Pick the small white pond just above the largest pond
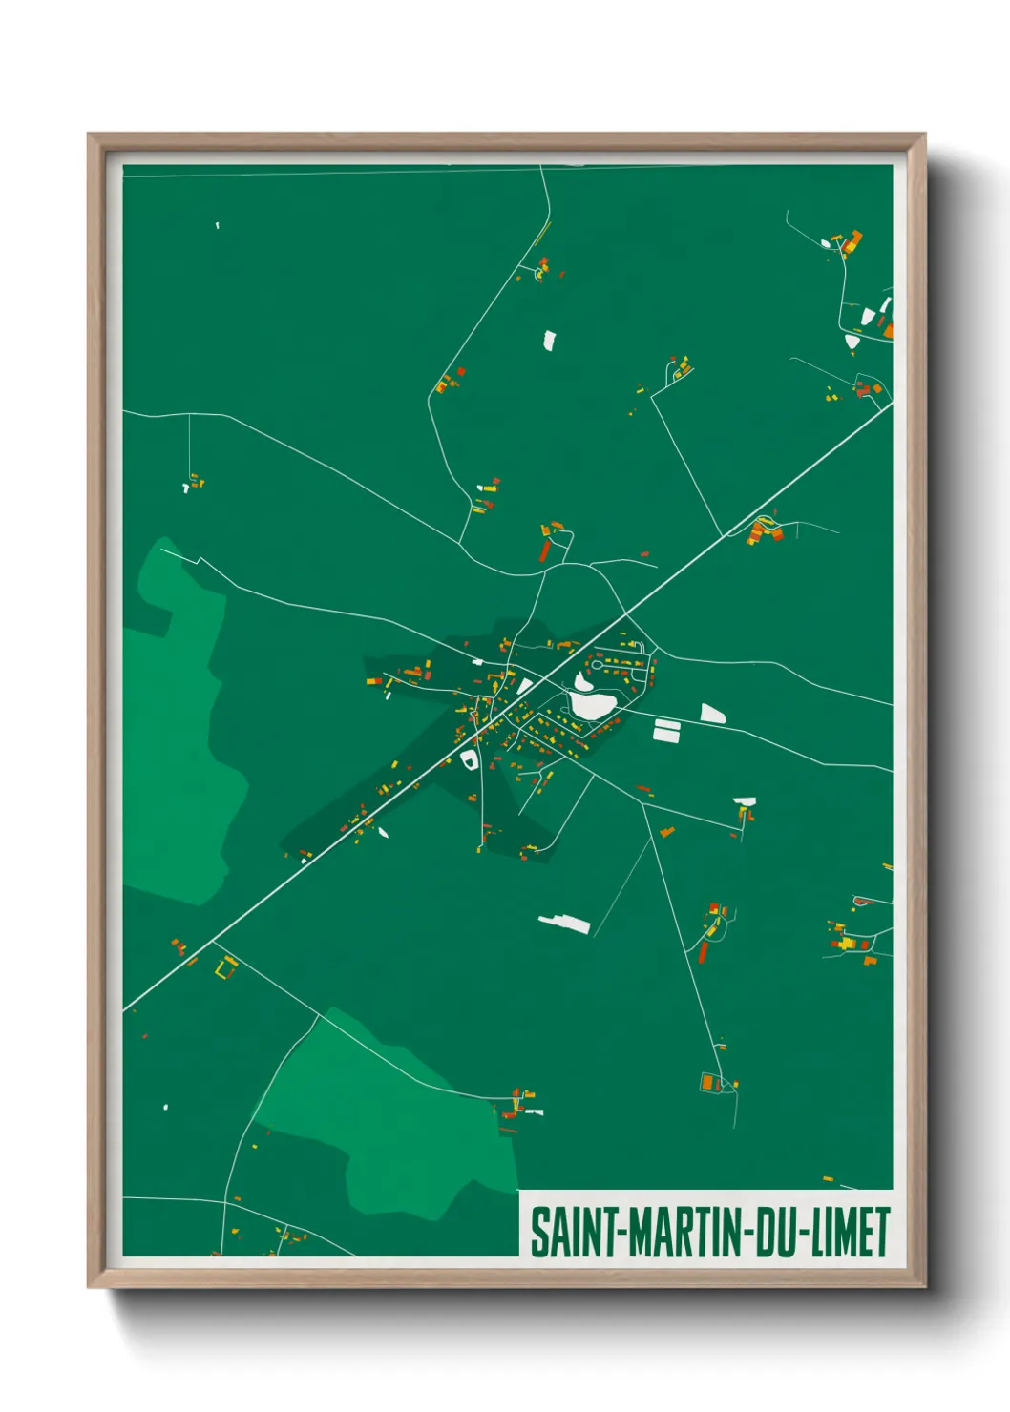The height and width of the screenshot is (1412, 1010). [582, 682]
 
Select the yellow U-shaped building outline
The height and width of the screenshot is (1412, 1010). [225, 969]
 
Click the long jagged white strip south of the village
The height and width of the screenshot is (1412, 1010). [565, 923]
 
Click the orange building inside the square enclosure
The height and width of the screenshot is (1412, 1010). [707, 1082]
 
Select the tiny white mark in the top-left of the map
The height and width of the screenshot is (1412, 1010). [217, 225]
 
